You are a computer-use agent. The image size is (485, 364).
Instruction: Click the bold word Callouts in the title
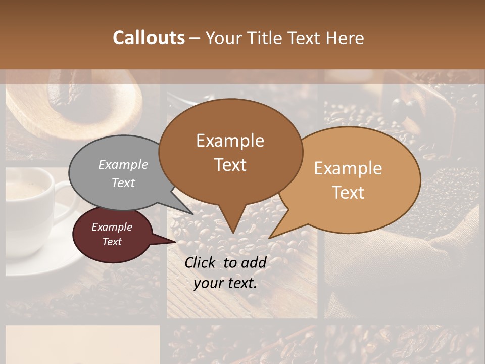[149, 38]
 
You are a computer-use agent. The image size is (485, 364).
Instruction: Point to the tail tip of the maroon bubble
[175, 242]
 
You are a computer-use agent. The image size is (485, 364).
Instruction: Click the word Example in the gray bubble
[123, 165]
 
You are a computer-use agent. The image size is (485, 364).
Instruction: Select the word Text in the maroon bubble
[112, 242]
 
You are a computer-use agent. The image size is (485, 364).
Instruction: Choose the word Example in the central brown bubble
[230, 141]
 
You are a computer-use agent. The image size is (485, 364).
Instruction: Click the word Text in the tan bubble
[349, 192]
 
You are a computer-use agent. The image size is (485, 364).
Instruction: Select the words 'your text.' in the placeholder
[225, 283]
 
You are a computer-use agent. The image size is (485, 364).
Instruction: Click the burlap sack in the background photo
[404, 263]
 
